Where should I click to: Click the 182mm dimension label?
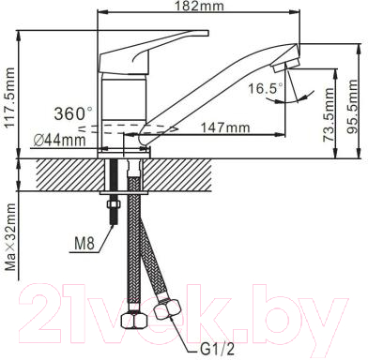pyautogui.click(x=199, y=6)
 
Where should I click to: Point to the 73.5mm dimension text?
pyautogui.click(x=329, y=115)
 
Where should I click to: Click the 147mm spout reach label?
pyautogui.click(x=225, y=127)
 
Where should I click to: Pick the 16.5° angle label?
pyautogui.click(x=266, y=89)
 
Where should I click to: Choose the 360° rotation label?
pyautogui.click(x=73, y=113)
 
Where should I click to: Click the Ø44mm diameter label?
pyautogui.click(x=59, y=141)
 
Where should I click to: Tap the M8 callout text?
pyautogui.click(x=84, y=244)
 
